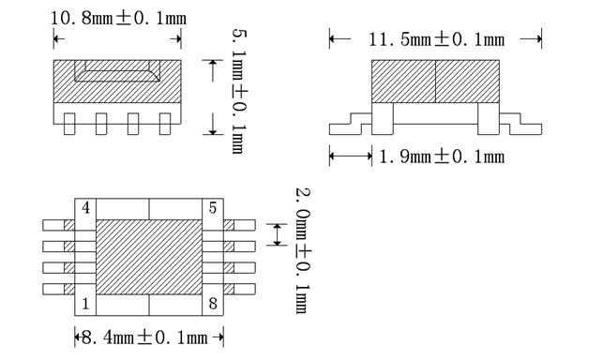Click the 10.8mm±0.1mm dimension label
pyautogui.click(x=117, y=18)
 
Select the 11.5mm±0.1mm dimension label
pyautogui.click(x=436, y=39)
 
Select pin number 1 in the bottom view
pyautogui.click(x=86, y=303)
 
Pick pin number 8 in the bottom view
pyautogui.click(x=214, y=303)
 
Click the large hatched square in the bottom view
pyautogui.click(x=149, y=255)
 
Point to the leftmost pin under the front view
pyautogui.click(x=71, y=124)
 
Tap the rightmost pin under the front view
pyautogui.click(x=165, y=124)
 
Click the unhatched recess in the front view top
pyautogui.click(x=117, y=70)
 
